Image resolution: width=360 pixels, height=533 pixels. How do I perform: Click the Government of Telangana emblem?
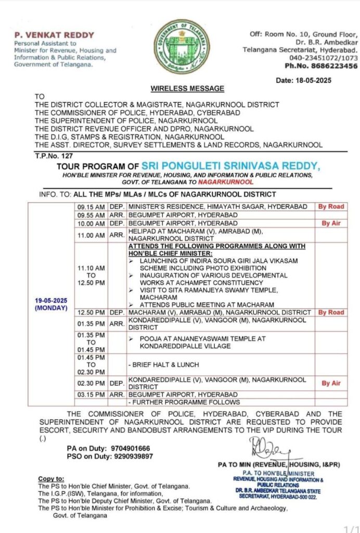(x=181, y=47)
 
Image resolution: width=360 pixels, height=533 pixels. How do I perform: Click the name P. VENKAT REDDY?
(x=54, y=35)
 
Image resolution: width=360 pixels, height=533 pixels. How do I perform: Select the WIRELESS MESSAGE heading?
(x=187, y=88)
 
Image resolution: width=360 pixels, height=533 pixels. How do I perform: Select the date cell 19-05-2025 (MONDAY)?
(x=51, y=304)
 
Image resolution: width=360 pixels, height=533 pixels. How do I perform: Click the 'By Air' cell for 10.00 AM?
(x=331, y=223)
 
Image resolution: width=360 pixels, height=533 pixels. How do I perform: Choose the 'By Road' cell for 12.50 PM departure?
(x=331, y=312)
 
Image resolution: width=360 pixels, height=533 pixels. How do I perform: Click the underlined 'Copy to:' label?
(x=52, y=478)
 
